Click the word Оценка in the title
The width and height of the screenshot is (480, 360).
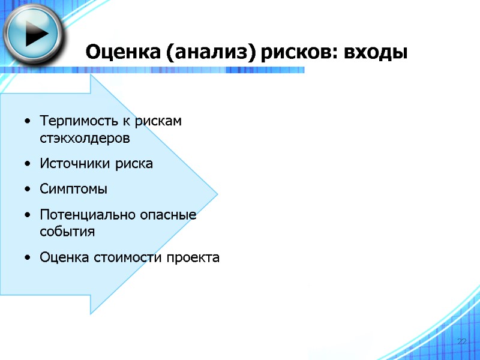click(122, 52)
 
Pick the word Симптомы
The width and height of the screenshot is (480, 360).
click(74, 190)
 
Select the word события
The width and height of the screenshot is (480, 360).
click(67, 231)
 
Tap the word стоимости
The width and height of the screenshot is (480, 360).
click(128, 257)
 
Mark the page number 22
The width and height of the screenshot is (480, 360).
click(461, 341)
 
